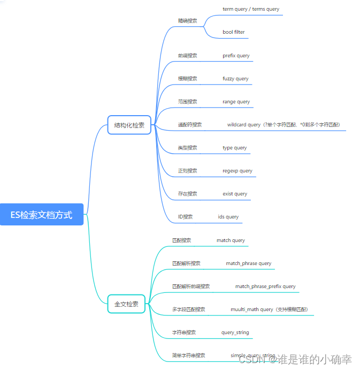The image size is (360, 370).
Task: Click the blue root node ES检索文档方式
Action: [42, 215]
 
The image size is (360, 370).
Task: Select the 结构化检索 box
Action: [129, 125]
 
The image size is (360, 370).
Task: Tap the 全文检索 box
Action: [126, 304]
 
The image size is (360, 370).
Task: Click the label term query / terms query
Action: [251, 9]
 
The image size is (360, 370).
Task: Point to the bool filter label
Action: [234, 32]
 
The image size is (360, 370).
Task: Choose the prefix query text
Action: [236, 56]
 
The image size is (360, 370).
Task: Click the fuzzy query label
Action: [235, 79]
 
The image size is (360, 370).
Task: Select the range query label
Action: [236, 102]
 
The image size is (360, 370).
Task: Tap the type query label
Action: [235, 148]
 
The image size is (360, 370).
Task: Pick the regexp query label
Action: [238, 171]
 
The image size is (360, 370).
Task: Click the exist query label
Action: [235, 194]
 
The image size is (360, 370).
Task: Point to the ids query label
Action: [228, 217]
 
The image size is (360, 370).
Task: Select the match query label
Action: [231, 240]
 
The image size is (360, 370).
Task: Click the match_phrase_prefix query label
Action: [265, 286]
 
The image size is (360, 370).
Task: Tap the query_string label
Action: [235, 333]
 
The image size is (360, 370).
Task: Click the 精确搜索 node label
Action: [187, 21]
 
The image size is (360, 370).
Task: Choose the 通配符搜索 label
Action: [190, 125]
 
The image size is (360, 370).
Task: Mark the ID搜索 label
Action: [185, 217]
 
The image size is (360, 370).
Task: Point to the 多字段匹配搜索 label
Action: [188, 309]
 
